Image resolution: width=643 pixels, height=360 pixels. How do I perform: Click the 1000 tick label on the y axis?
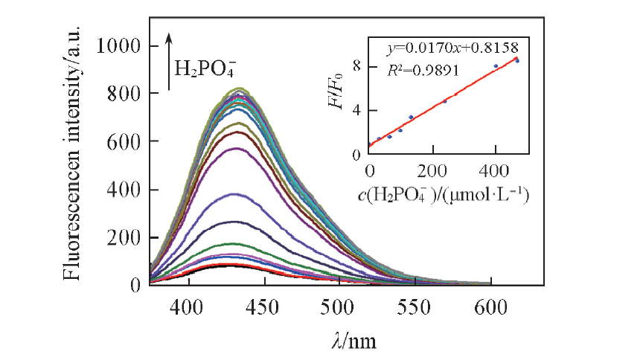point(121,46)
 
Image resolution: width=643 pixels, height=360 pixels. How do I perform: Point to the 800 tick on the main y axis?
point(127,94)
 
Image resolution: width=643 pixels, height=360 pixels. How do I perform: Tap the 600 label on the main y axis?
point(127,141)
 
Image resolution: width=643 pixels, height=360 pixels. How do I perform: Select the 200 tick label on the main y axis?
point(127,237)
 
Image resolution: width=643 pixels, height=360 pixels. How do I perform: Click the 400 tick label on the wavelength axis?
point(186,305)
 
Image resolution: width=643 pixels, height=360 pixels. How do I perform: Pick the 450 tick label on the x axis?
point(263,305)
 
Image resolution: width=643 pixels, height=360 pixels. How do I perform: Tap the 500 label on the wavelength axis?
point(339,305)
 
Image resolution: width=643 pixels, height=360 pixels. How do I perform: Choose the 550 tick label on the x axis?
point(415,305)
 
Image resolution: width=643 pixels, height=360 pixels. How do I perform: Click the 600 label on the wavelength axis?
point(492,305)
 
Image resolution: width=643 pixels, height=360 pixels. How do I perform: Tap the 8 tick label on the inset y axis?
point(357,66)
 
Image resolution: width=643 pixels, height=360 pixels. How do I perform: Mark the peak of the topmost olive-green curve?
point(241,89)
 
